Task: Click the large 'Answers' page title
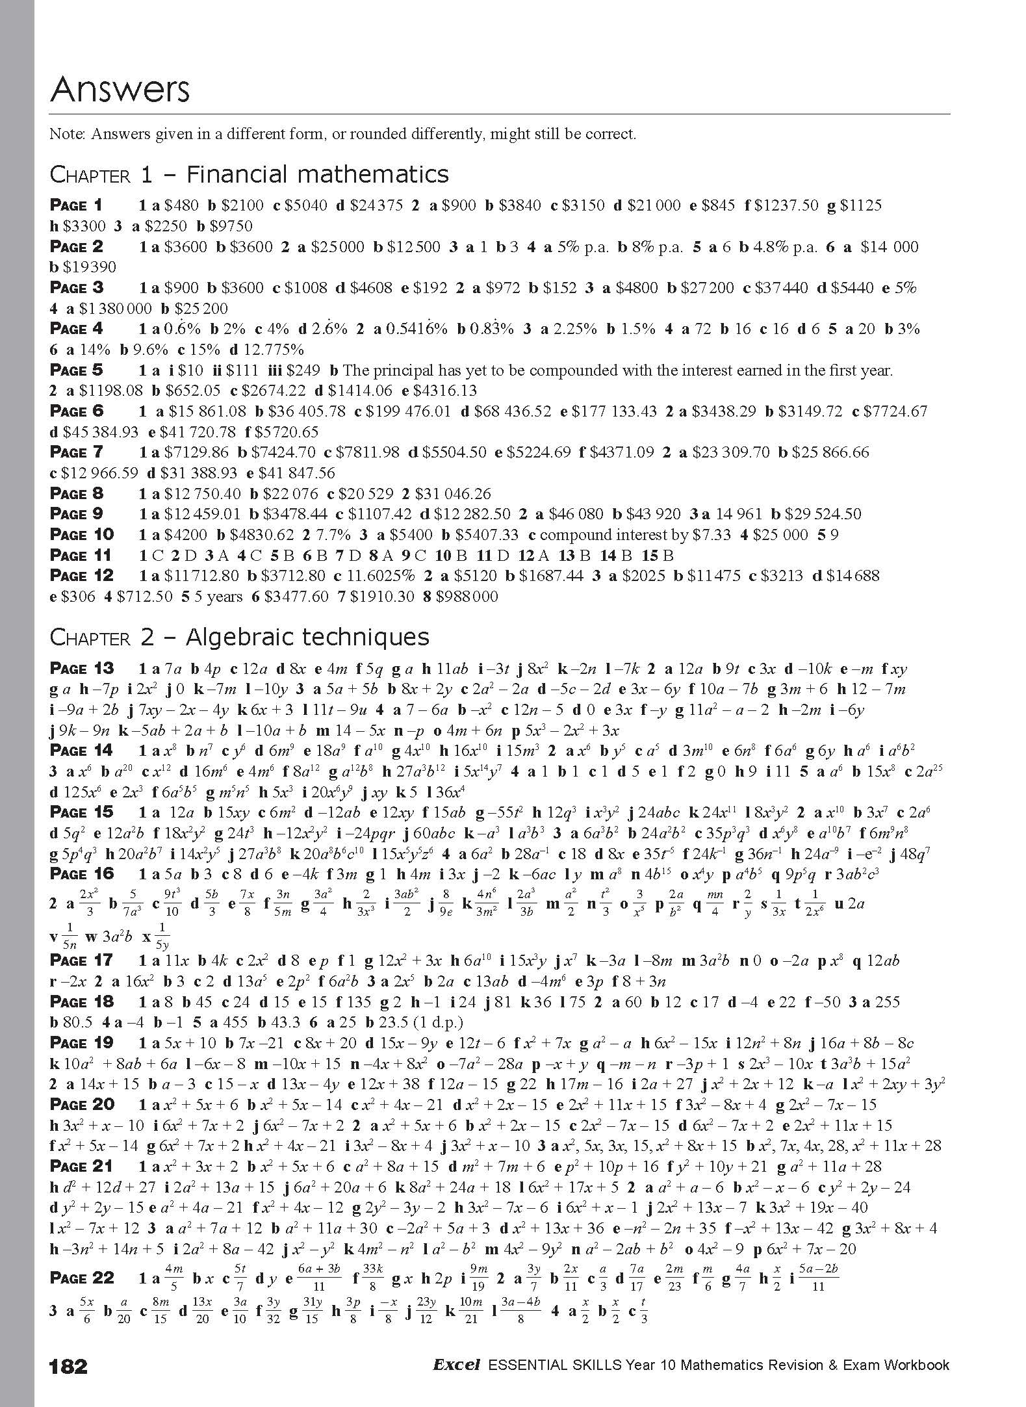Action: pyautogui.click(x=120, y=90)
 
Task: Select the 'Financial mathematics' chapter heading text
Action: pyautogui.click(x=317, y=174)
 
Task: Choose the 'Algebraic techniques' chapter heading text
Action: pyautogui.click(x=307, y=637)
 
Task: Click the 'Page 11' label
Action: pyautogui.click(x=81, y=555)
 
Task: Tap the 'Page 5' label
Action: pyautogui.click(x=77, y=370)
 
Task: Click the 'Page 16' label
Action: pyautogui.click(x=82, y=873)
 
